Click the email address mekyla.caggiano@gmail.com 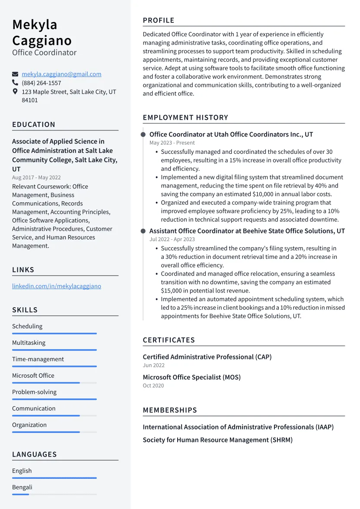[61, 74]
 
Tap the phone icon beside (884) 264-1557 [15, 83]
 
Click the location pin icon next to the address [15, 92]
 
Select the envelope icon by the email [15, 74]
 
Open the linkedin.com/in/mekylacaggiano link [57, 286]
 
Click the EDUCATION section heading [34, 124]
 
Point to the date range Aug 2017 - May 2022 [36, 178]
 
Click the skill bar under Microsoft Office [54, 383]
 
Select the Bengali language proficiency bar [54, 494]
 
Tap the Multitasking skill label [29, 343]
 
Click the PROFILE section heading [159, 20]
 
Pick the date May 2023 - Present [172, 143]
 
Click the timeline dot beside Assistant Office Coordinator [143, 231]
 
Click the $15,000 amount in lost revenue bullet [172, 291]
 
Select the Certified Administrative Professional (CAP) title [207, 357]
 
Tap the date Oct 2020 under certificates [153, 385]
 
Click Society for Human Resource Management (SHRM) [217, 440]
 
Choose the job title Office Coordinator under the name [44, 53]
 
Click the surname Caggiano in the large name [42, 40]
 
